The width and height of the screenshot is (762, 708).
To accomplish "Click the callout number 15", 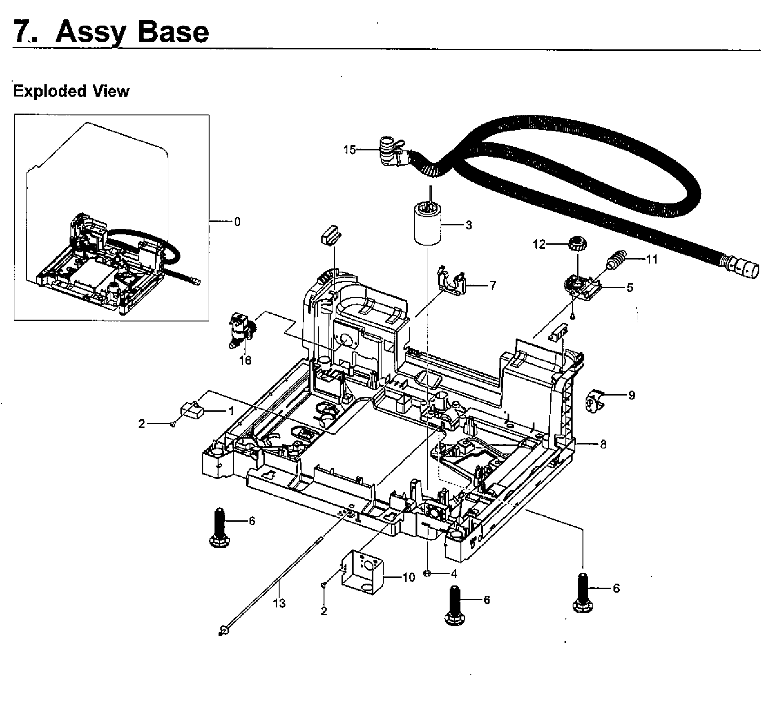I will point(349,150).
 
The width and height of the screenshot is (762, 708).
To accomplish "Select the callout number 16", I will point(245,360).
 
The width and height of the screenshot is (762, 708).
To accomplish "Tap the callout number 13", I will point(279,603).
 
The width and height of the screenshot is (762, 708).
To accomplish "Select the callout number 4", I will point(454,573).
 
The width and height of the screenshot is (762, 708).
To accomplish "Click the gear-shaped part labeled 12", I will point(575,246).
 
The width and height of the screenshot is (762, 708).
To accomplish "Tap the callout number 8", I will point(603,444).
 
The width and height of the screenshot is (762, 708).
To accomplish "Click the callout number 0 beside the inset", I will point(237,222).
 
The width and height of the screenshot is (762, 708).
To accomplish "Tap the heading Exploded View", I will point(71,91).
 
